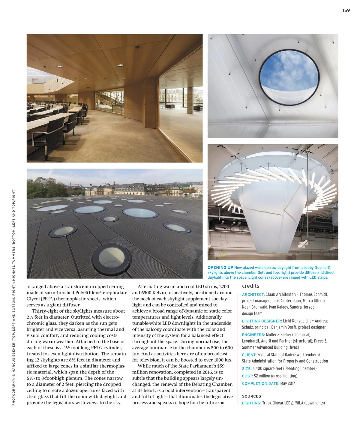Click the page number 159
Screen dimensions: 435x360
346,10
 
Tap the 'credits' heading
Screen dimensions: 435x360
250,286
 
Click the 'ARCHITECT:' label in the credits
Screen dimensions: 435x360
253,295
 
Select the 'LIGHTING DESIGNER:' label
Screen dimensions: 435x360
262,321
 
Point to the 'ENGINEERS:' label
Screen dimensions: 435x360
253,335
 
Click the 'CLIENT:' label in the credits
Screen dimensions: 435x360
249,355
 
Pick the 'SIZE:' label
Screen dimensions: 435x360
247,369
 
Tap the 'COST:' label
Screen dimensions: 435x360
247,376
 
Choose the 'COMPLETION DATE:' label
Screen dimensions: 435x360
260,384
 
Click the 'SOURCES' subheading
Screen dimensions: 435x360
251,396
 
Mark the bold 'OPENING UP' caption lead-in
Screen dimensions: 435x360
220,268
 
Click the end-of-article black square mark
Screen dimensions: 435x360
222,403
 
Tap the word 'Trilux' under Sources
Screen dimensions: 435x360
267,403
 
